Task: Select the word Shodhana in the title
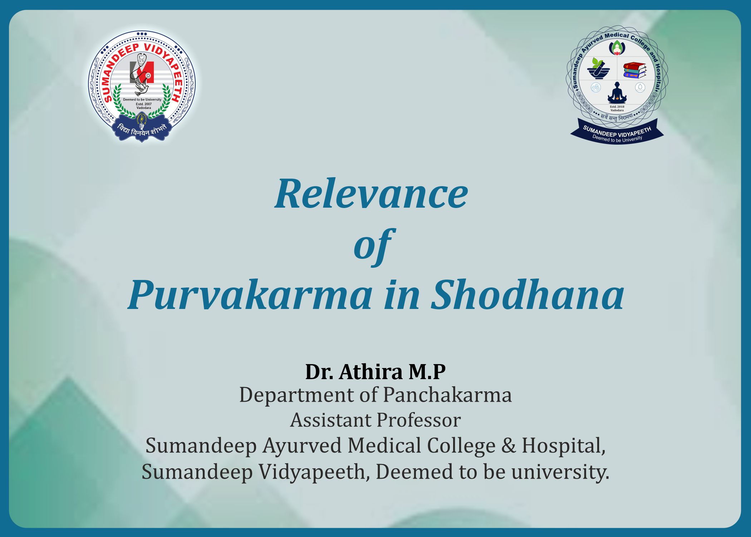[527, 294]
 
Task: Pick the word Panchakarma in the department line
[447, 395]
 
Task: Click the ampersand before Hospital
[509, 446]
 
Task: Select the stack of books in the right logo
[635, 70]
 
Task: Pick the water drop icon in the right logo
[640, 87]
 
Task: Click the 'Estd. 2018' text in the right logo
[617, 107]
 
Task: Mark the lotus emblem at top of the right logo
[617, 47]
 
